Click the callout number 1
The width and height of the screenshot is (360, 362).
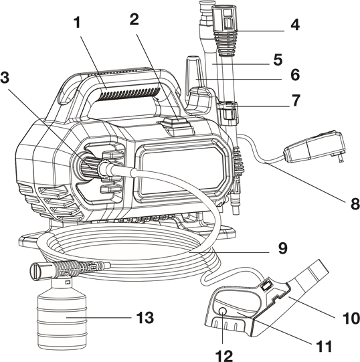78,23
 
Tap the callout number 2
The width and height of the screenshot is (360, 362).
134,19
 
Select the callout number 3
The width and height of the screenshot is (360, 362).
5,77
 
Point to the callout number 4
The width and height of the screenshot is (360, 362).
295,25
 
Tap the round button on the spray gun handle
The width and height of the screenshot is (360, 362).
222,311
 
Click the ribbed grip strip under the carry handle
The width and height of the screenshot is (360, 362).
129,94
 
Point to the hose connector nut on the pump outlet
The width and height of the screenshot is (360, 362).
104,171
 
